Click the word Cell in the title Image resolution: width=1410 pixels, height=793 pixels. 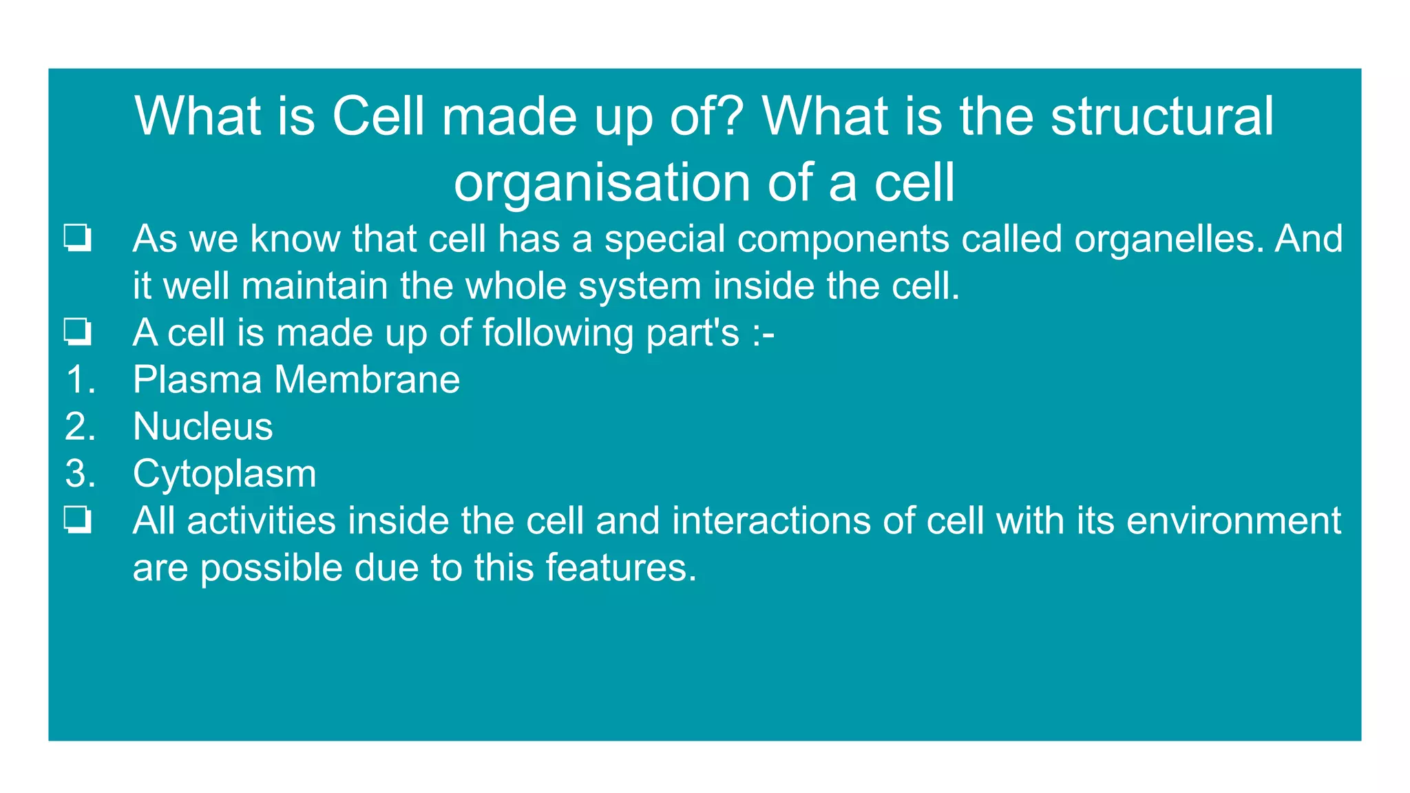[378, 116]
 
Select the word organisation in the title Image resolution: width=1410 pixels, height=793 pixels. [602, 183]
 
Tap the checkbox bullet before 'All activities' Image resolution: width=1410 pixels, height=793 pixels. [78, 520]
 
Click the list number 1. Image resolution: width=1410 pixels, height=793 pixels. [80, 380]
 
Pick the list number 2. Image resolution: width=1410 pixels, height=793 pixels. [80, 427]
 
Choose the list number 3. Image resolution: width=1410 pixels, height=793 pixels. [80, 474]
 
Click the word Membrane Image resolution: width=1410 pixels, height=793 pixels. [367, 380]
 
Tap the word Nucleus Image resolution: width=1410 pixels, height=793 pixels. [203, 427]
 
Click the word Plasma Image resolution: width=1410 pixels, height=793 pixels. [198, 380]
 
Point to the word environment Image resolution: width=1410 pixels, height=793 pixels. [1234, 521]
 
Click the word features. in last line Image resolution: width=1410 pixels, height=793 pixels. [621, 568]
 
